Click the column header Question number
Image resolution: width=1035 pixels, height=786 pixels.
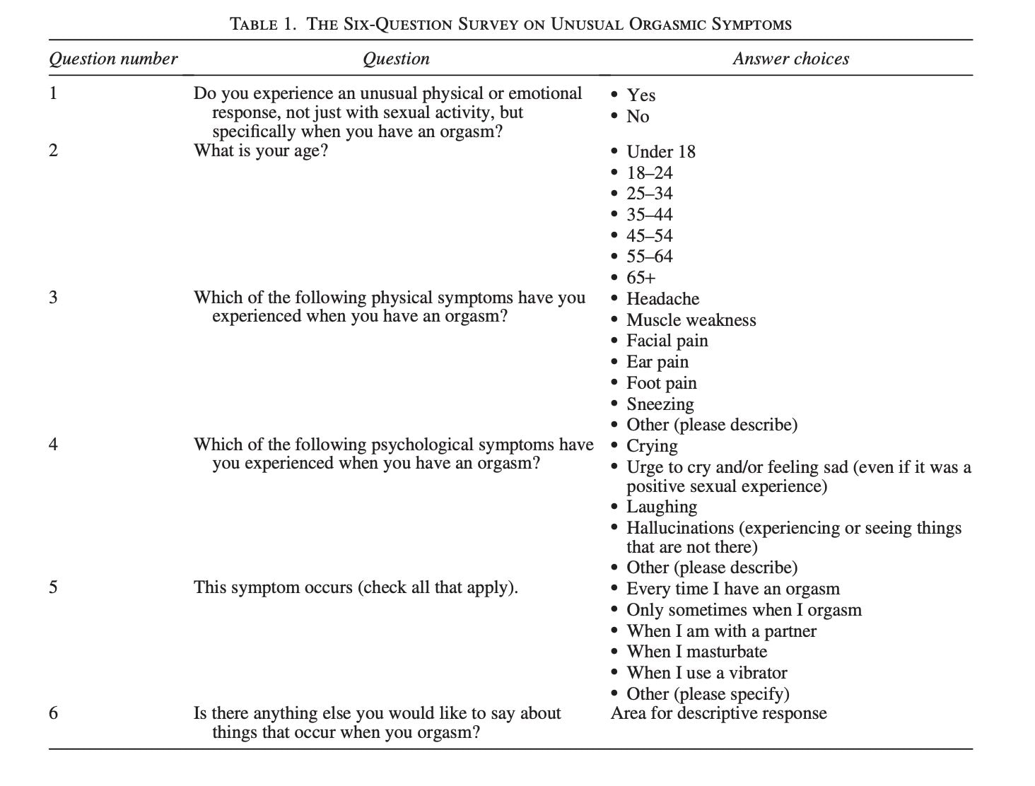click(x=113, y=59)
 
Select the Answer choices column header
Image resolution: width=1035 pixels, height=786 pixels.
click(x=790, y=59)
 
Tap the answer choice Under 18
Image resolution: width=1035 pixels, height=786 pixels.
click(x=660, y=152)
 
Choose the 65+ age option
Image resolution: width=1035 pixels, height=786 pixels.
click(x=641, y=278)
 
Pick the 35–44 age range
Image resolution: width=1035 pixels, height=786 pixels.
click(x=649, y=215)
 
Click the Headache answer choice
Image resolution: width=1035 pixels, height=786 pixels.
click(x=662, y=299)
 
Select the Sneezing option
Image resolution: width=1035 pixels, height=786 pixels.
click(x=660, y=404)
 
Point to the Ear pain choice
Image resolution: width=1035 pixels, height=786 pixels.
click(x=657, y=362)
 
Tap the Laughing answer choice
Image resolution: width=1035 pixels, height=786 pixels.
click(x=661, y=507)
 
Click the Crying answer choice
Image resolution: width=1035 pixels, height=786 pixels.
click(x=652, y=447)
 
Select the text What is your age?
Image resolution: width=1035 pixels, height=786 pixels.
click(x=261, y=151)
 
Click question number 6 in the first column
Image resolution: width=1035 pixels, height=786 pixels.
click(x=54, y=712)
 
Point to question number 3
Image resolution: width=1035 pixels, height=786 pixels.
click(x=54, y=297)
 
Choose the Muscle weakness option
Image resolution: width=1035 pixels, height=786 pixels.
click(x=691, y=320)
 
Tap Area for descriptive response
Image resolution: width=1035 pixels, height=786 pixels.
click(x=718, y=712)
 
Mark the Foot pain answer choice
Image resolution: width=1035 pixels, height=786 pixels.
click(x=661, y=383)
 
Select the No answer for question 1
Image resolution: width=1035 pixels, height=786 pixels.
click(x=638, y=117)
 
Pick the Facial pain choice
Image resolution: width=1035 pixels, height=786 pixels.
click(x=667, y=341)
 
